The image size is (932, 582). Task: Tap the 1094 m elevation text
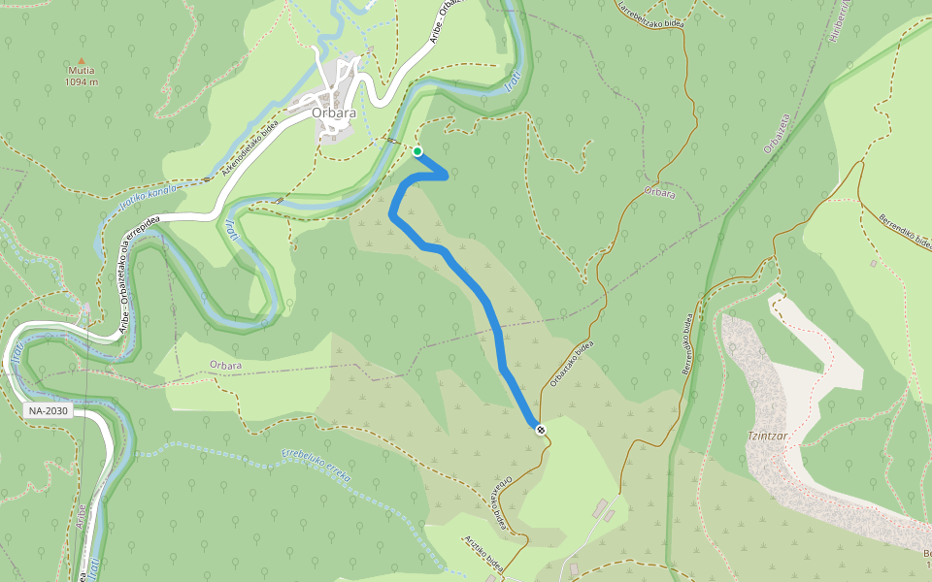point(82,82)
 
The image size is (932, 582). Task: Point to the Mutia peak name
point(82,71)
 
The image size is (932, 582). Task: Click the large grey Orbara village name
point(334,113)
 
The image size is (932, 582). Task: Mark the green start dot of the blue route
point(417,151)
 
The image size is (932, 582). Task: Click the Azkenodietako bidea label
point(250,147)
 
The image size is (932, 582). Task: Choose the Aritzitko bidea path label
point(485,557)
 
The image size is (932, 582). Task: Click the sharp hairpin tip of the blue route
point(446,176)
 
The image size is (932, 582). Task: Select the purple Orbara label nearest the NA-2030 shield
point(225,366)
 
